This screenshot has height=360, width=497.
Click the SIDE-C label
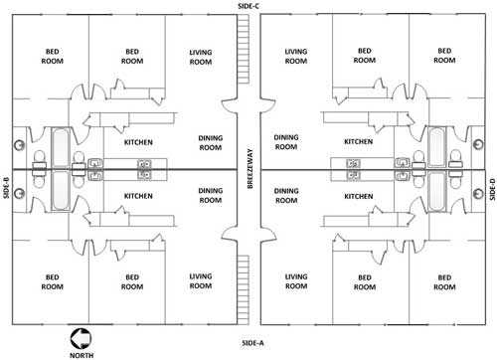point(248,6)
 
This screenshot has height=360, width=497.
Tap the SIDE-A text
point(248,342)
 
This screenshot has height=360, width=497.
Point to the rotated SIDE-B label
point(6,185)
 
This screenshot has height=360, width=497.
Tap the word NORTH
point(81,352)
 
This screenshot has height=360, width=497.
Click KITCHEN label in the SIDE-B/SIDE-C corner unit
point(138,142)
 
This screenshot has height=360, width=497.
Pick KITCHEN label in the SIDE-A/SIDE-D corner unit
point(358,196)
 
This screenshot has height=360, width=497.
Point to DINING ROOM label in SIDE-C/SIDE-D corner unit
point(286,142)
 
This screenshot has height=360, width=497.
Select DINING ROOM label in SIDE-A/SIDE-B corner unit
point(210,196)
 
